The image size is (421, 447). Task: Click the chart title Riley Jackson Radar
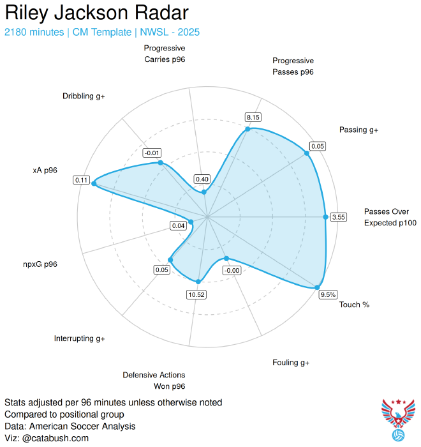96,13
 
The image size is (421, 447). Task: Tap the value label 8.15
253,117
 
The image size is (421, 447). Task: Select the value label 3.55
339,217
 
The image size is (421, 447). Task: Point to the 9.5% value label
328,294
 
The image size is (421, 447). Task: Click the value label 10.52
196,294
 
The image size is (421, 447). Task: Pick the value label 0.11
82,180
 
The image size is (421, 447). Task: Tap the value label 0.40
203,179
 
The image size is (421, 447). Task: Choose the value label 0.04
179,225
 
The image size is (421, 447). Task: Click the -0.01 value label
152,153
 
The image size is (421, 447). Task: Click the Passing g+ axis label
358,130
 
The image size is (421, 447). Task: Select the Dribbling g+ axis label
84,96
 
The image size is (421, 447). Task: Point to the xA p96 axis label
45,170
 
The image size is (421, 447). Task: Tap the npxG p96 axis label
40,264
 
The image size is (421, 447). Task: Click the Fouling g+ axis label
290,363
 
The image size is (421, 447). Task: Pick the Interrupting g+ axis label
80,338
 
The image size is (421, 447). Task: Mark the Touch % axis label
354,305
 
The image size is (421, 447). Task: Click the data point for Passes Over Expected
325,217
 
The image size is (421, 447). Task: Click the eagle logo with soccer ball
398,420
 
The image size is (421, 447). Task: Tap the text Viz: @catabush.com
47,438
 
